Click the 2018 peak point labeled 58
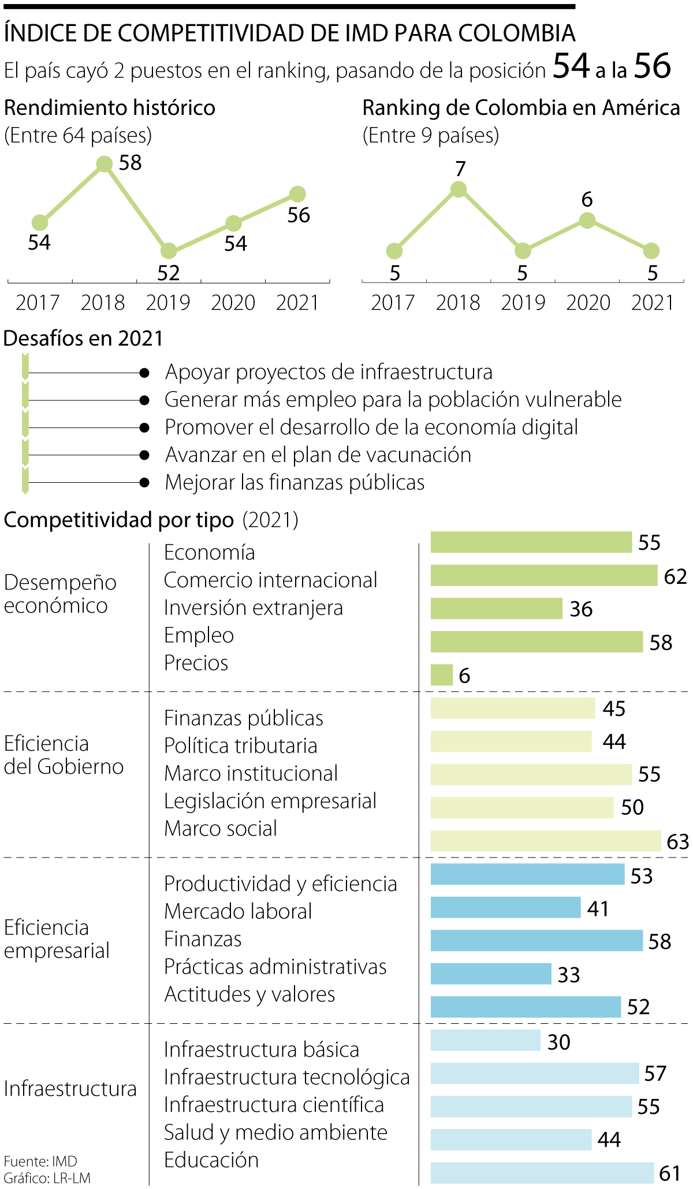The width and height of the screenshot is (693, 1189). [x=104, y=165]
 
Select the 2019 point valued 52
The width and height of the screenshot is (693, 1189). [x=169, y=251]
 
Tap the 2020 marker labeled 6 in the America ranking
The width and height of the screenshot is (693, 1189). [x=587, y=220]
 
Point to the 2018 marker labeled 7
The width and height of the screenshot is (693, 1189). [x=459, y=189]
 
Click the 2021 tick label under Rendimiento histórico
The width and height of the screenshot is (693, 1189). [x=297, y=303]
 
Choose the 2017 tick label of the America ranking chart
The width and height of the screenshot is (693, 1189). [x=393, y=303]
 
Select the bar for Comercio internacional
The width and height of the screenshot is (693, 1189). [x=543, y=575]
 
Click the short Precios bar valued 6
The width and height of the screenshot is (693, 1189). [x=442, y=675]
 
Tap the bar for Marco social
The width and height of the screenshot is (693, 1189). [x=545, y=841]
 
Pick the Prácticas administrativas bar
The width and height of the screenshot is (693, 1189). [x=491, y=974]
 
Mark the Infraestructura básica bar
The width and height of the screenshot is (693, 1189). [x=485, y=1040]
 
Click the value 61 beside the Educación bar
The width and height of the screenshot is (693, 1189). [x=670, y=1173]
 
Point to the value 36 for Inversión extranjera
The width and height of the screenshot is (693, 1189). [x=581, y=609]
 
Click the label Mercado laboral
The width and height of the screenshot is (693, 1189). [x=238, y=911]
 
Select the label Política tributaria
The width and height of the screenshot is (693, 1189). [x=240, y=746]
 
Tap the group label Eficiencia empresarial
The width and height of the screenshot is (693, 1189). [x=57, y=939]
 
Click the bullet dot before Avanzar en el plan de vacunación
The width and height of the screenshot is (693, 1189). [x=144, y=455]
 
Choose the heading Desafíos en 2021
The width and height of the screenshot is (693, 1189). [x=84, y=338]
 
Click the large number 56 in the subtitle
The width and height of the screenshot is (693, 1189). [x=653, y=66]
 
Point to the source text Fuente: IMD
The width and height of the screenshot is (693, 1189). [x=40, y=1161]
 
